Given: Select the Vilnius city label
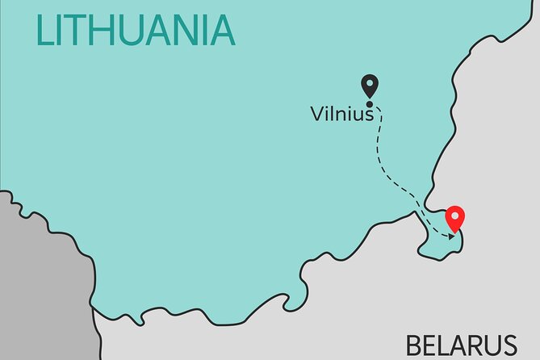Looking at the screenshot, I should tap(341, 115).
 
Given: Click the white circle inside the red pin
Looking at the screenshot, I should tap(456, 216).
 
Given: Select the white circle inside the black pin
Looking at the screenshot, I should tap(370, 83).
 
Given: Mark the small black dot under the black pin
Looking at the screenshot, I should tap(370, 103).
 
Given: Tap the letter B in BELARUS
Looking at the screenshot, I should tap(415, 345).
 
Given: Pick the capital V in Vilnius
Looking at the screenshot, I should tap(316, 115).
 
